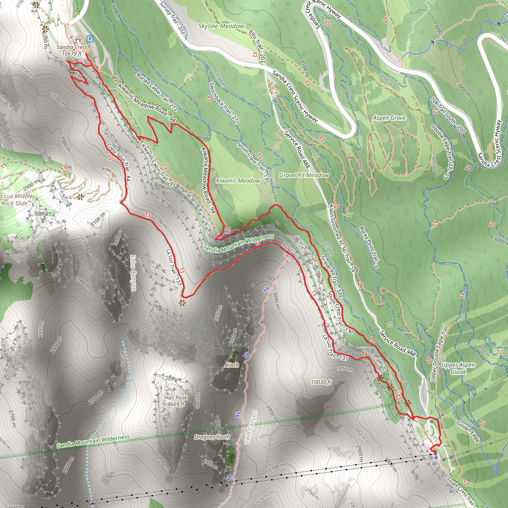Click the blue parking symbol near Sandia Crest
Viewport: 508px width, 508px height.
(x=90, y=39)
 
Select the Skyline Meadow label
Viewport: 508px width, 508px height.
(x=221, y=26)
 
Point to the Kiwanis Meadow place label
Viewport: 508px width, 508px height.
(x=238, y=181)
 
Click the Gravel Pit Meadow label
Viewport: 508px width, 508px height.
(x=304, y=175)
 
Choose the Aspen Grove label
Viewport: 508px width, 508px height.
(x=389, y=118)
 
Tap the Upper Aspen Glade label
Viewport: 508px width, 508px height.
(x=458, y=368)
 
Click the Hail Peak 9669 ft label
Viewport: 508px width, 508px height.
(x=176, y=401)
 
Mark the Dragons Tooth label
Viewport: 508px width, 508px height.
(x=212, y=437)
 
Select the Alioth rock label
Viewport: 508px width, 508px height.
(x=231, y=365)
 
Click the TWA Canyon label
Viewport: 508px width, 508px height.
(x=251, y=427)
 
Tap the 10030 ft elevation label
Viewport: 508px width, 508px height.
(x=321, y=382)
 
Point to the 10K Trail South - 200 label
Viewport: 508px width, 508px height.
(x=448, y=115)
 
